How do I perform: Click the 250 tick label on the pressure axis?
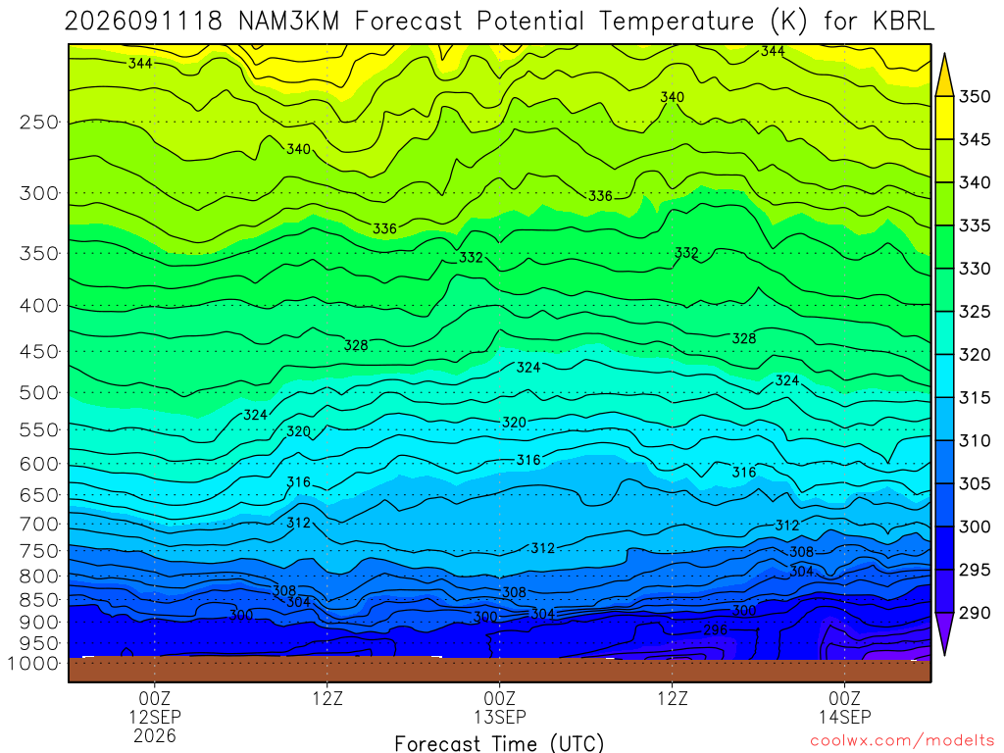click(x=38, y=122)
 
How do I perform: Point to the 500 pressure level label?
click(x=38, y=392)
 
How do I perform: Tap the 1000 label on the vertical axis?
click(x=34, y=664)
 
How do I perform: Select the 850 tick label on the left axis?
click(x=38, y=600)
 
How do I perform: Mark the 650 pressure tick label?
click(x=38, y=495)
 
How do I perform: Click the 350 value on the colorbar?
click(x=975, y=97)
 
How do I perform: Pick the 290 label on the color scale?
click(x=975, y=613)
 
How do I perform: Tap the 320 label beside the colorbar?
click(x=975, y=355)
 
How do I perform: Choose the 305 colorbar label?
click(x=975, y=483)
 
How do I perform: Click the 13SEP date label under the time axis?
click(x=499, y=717)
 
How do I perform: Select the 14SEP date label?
click(x=844, y=717)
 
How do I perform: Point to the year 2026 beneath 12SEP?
click(x=155, y=735)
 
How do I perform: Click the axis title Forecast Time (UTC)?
click(x=499, y=743)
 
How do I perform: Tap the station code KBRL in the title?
click(x=903, y=22)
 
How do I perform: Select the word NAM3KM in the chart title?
click(x=289, y=22)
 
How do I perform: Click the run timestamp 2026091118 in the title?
click(x=143, y=22)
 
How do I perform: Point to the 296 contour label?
click(x=715, y=630)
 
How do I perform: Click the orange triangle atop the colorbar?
click(x=944, y=75)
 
